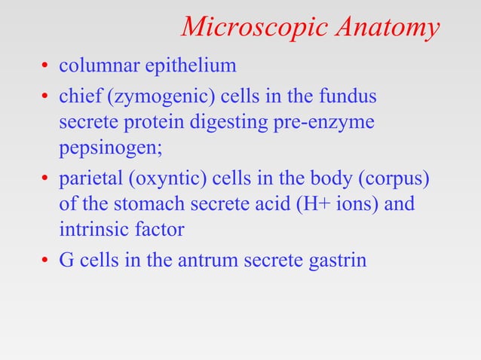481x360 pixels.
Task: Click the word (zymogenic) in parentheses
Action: click(x=155, y=98)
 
